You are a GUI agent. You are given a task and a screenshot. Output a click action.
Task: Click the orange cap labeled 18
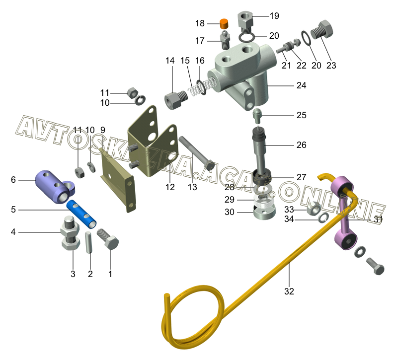pyautogui.click(x=224, y=24)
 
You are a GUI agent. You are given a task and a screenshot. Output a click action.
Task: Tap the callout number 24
pyautogui.click(x=301, y=85)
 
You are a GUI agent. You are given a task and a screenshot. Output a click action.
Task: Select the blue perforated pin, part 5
pyautogui.click(x=81, y=214)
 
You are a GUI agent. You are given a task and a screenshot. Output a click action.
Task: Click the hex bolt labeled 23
pyautogui.click(x=322, y=31)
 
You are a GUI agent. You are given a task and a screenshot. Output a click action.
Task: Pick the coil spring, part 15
pyautogui.click(x=202, y=86)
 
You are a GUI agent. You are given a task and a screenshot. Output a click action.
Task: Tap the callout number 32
pyautogui.click(x=289, y=291)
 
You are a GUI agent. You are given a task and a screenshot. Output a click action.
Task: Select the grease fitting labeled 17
pyautogui.click(x=225, y=40)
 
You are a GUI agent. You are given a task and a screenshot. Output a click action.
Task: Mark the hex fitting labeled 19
pyautogui.click(x=245, y=22)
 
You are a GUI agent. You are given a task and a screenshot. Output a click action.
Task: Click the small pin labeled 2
pyautogui.click(x=89, y=242)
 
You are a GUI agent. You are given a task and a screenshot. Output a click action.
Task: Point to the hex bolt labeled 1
pyautogui.click(x=108, y=239)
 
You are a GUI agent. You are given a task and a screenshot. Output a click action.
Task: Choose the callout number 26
pyautogui.click(x=301, y=145)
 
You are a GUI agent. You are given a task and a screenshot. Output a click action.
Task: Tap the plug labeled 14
pyautogui.click(x=176, y=100)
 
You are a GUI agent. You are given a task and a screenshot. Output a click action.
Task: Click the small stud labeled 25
pyautogui.click(x=257, y=116)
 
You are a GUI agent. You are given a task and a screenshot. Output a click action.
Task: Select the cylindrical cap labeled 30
pyautogui.click(x=264, y=212)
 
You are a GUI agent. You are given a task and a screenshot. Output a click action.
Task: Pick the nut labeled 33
pyautogui.click(x=313, y=209)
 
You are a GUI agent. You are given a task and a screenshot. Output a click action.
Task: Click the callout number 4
pyautogui.click(x=13, y=232)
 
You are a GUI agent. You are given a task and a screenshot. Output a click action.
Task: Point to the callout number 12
pyautogui.click(x=170, y=187)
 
